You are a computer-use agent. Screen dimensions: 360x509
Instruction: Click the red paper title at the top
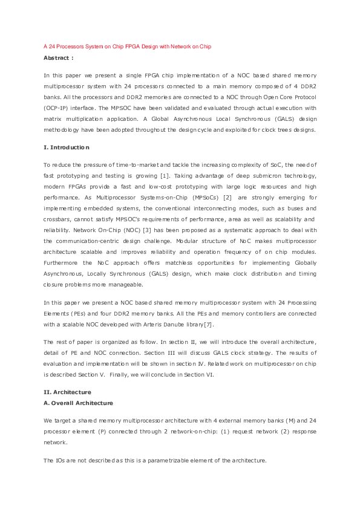(127, 46)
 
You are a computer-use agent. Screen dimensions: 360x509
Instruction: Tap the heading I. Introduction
(67, 148)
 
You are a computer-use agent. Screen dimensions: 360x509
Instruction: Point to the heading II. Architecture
(67, 392)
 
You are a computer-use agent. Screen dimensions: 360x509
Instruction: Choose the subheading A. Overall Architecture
(78, 403)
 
